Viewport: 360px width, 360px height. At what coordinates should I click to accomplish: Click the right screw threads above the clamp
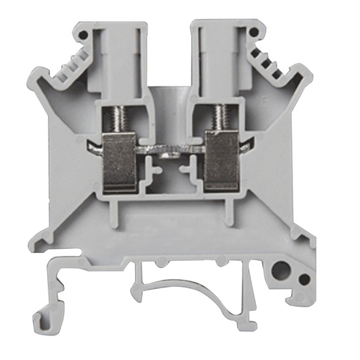pos(219,117)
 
